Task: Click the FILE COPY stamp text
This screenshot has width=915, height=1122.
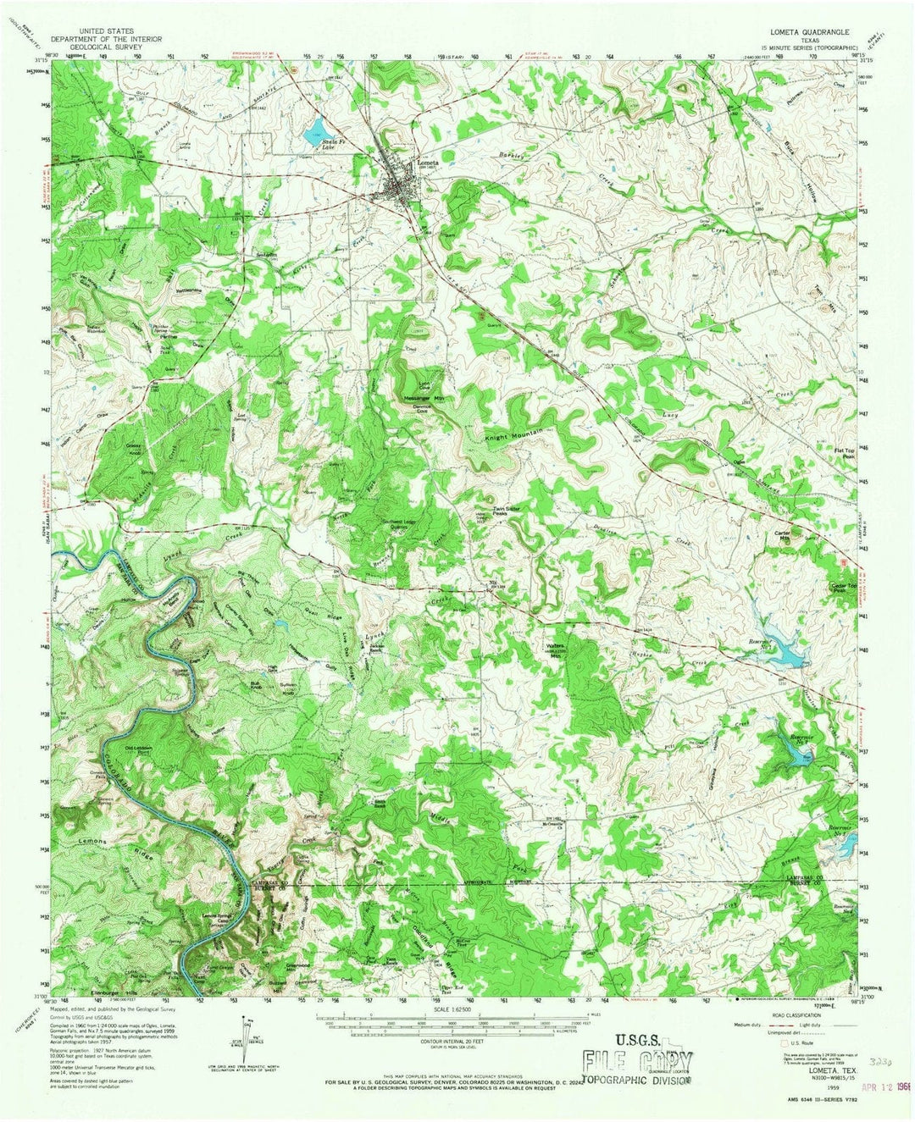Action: (x=636, y=1062)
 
